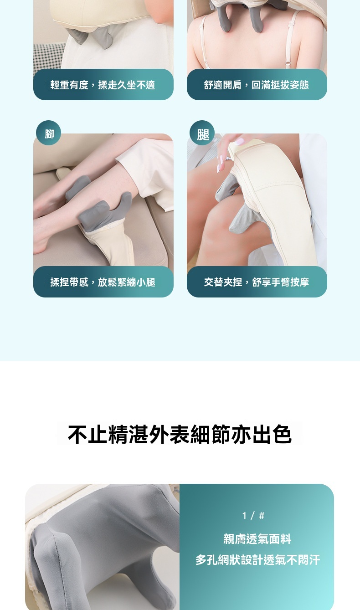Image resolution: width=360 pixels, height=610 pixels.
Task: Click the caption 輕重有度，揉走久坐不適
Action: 103,85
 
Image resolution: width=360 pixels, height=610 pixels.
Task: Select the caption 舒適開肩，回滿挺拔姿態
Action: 256,85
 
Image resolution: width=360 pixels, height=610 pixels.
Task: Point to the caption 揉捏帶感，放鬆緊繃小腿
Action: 103,282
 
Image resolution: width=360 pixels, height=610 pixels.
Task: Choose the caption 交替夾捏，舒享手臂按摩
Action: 256,282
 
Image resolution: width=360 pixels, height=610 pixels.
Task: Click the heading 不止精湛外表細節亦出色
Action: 180,434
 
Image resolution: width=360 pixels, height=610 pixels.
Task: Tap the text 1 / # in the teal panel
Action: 253,515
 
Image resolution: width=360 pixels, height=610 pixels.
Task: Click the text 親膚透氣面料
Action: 257,538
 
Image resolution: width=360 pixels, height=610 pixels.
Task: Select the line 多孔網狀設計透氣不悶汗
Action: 257,560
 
